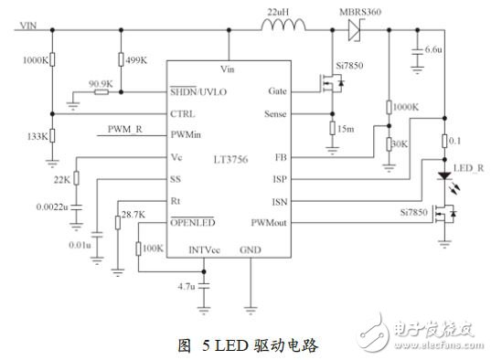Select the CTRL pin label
pyautogui.click(x=183, y=114)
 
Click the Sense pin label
pyautogui.click(x=276, y=114)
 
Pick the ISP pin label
pyautogui.click(x=281, y=178)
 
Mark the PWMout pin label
pyautogui.click(x=270, y=222)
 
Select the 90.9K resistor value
pyautogui.click(x=100, y=83)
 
